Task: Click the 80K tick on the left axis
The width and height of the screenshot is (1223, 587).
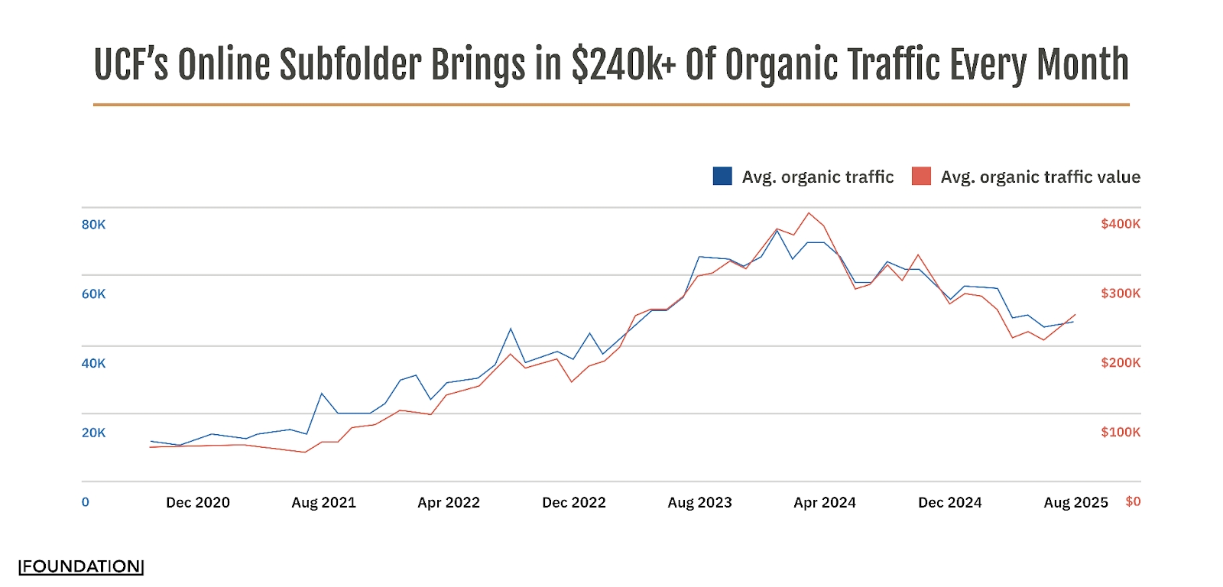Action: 94,225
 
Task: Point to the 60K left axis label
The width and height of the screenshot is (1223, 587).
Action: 94,294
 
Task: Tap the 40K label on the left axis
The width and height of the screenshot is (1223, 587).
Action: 94,364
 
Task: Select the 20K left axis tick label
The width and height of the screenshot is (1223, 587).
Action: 94,433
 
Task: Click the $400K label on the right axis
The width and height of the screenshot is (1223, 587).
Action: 1121,224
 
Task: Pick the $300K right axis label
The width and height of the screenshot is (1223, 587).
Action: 1121,293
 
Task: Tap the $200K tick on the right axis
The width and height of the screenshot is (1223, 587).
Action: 1121,363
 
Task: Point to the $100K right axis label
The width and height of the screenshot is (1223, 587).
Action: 1121,433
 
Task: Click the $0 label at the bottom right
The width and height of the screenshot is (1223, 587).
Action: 1133,501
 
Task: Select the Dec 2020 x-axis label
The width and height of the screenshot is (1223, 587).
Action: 198,503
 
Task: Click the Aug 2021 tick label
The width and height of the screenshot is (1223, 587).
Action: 323,503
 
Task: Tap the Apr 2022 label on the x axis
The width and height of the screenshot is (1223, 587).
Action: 449,503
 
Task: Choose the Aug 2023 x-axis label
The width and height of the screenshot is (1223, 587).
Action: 699,503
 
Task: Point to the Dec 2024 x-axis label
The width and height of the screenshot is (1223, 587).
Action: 950,503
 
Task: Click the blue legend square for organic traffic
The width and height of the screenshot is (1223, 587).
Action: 722,177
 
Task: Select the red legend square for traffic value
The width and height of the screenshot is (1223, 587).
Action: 921,177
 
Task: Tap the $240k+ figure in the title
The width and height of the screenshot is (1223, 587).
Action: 624,65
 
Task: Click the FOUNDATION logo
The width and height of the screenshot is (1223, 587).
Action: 81,566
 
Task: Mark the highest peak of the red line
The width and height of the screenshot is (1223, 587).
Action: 809,213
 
